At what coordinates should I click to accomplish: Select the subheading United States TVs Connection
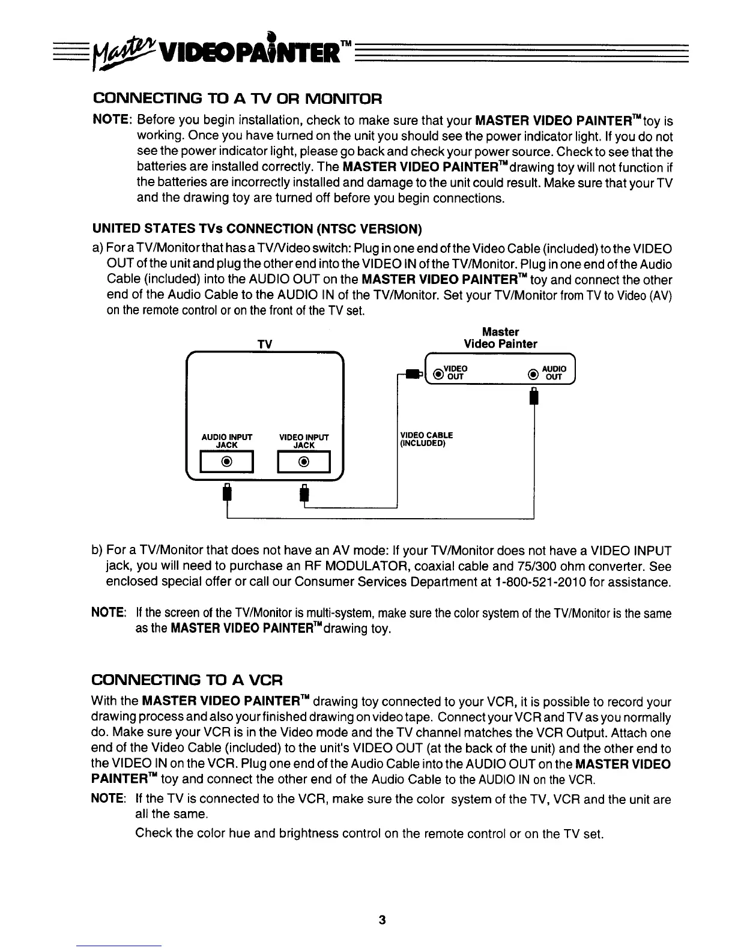tap(257, 229)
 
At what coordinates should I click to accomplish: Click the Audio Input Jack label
tap(226, 441)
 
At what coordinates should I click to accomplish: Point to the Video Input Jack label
tap(304, 441)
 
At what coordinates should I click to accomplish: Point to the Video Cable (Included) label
tap(426, 439)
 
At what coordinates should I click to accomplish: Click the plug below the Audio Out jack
tap(532, 397)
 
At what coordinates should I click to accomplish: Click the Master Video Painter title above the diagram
tap(500, 338)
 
